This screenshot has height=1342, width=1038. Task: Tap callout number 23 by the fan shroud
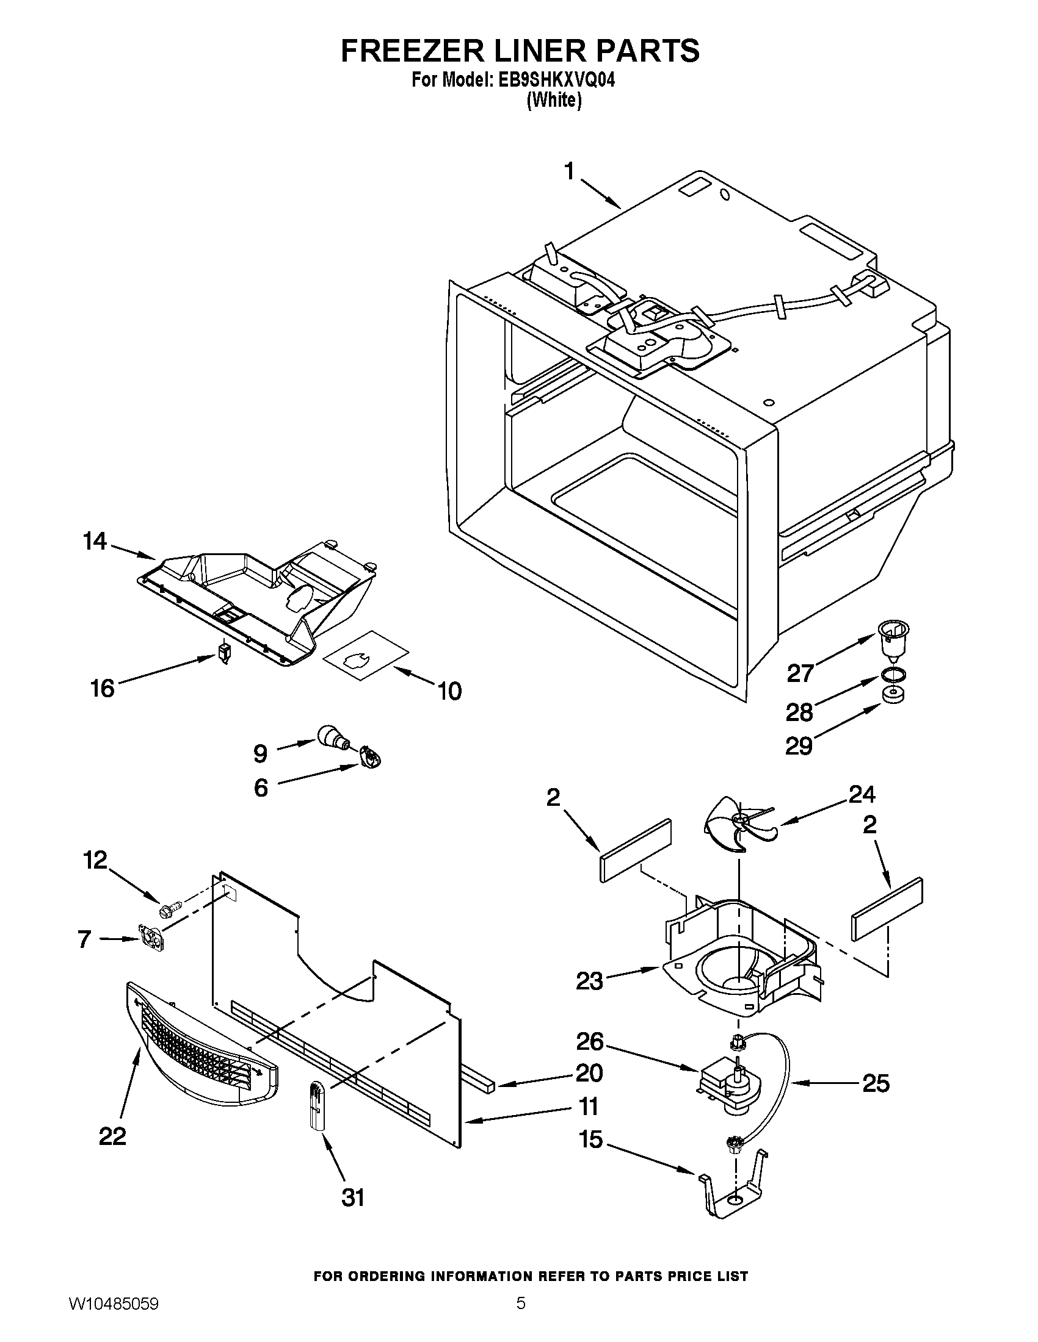[589, 981]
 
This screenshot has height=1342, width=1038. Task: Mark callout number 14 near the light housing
[95, 541]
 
